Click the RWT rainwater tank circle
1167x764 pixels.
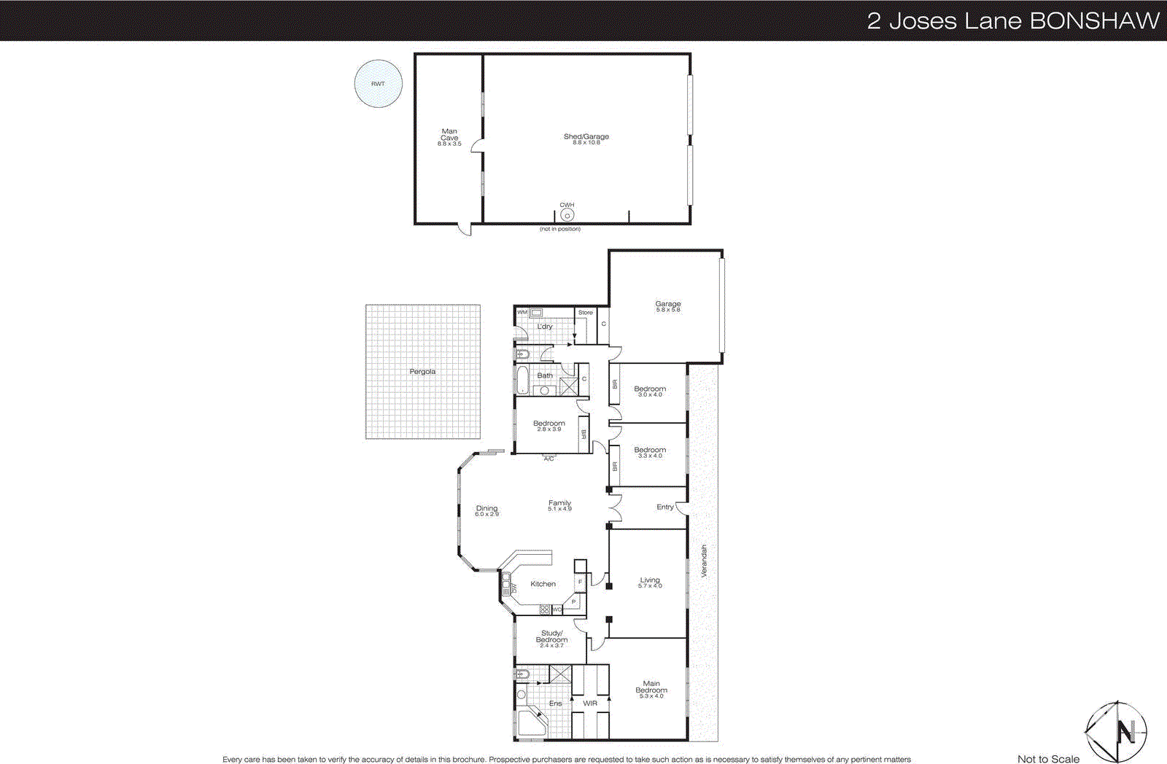(x=378, y=84)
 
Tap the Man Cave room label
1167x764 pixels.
(x=449, y=137)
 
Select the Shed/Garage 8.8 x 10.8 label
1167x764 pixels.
(x=586, y=139)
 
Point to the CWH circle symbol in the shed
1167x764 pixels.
(x=567, y=215)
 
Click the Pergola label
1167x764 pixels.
(x=422, y=372)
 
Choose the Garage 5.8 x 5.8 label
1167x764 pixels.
(x=667, y=306)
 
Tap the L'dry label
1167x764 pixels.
(x=545, y=327)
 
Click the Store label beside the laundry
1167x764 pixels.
(x=586, y=313)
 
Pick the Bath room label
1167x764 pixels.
(x=545, y=375)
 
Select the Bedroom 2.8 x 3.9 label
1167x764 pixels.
(x=548, y=426)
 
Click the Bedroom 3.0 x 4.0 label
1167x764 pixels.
(x=650, y=391)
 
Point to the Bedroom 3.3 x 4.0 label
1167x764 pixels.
(x=650, y=452)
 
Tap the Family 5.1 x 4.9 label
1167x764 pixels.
(x=559, y=505)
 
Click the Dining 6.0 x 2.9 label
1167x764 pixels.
(x=486, y=510)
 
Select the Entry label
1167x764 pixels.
(x=664, y=507)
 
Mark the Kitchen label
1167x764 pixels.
(x=543, y=584)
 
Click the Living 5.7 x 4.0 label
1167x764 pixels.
(x=650, y=582)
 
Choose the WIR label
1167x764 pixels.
(x=590, y=703)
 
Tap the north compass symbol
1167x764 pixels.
(x=1117, y=731)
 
